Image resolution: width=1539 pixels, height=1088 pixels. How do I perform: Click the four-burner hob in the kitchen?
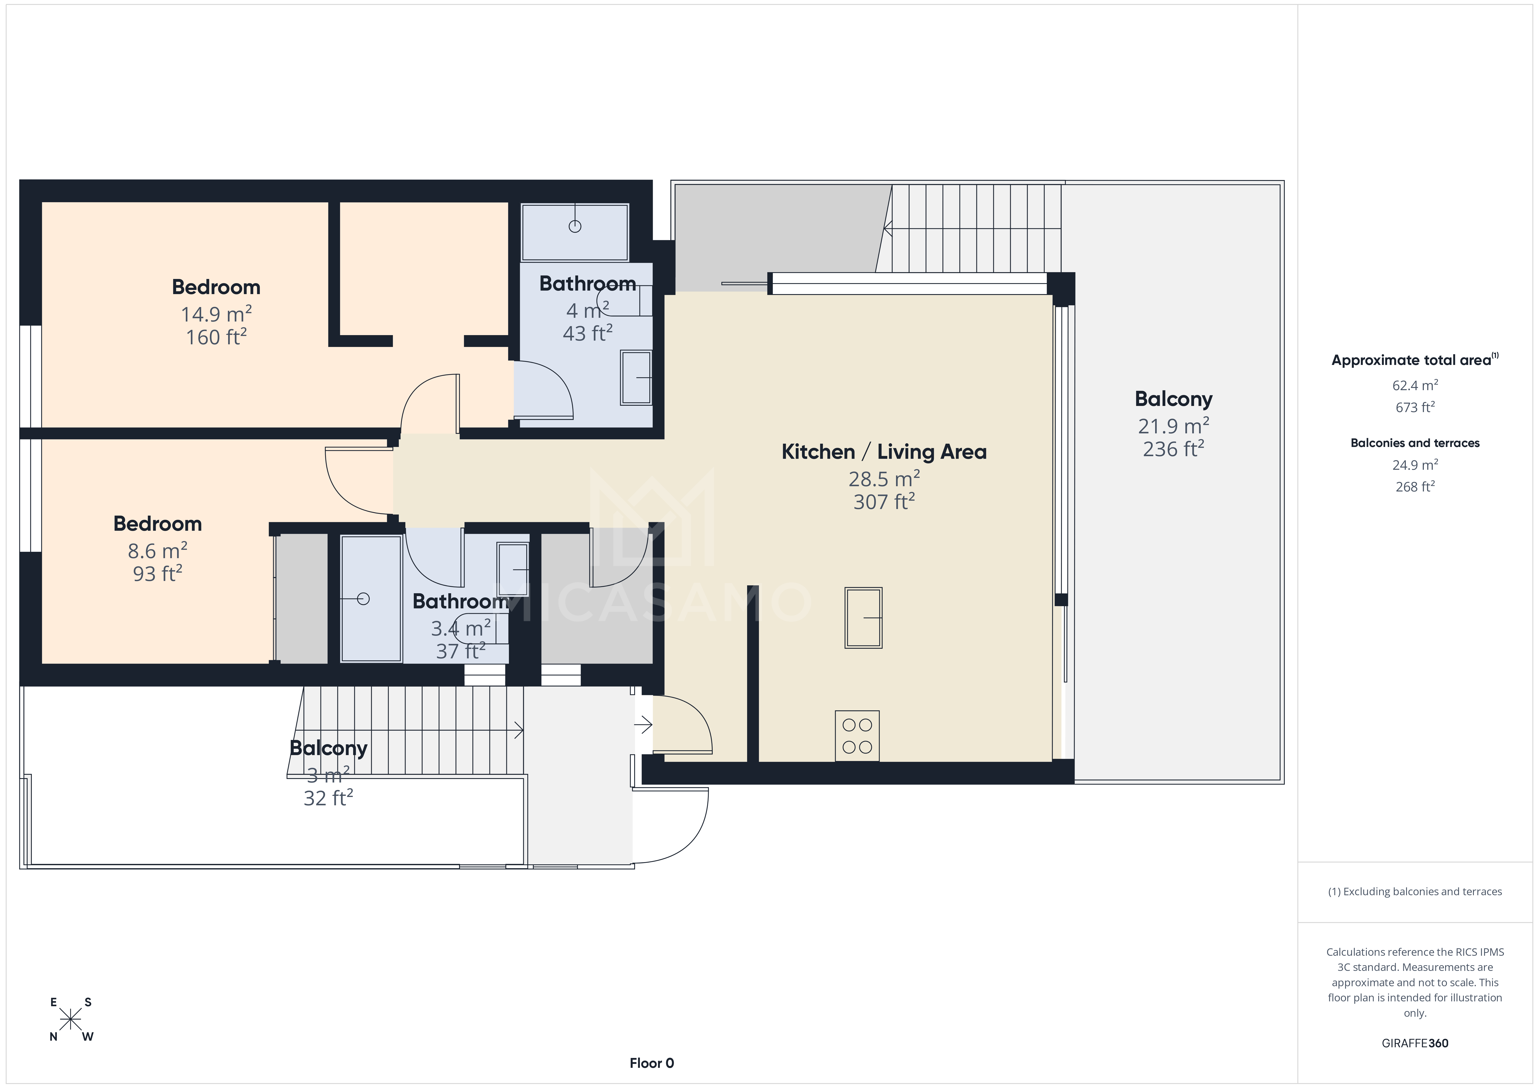(x=857, y=735)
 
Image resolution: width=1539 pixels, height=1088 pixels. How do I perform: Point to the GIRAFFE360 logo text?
(x=1414, y=1043)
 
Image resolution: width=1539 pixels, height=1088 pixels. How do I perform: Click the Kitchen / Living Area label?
(x=883, y=452)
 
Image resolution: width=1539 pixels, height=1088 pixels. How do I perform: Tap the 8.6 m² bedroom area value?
(x=157, y=550)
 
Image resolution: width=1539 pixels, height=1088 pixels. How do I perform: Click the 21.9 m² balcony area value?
(x=1173, y=426)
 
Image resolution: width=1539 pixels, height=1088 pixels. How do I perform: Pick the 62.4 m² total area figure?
(x=1414, y=386)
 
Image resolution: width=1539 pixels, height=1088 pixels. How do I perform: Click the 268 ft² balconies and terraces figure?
(x=1414, y=487)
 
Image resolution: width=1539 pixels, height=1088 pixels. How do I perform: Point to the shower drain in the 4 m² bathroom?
(x=574, y=227)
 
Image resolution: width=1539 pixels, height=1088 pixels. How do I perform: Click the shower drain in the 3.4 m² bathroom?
(x=363, y=599)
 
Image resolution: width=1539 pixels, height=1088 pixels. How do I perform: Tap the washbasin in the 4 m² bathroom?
(x=636, y=377)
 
